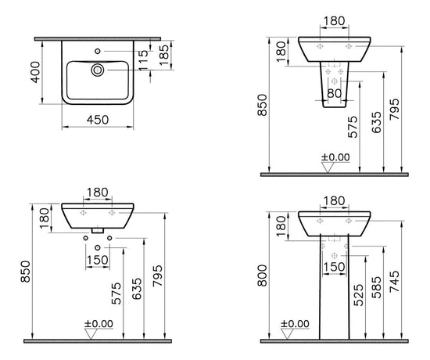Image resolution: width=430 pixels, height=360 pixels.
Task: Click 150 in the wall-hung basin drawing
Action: [x=98, y=259]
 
